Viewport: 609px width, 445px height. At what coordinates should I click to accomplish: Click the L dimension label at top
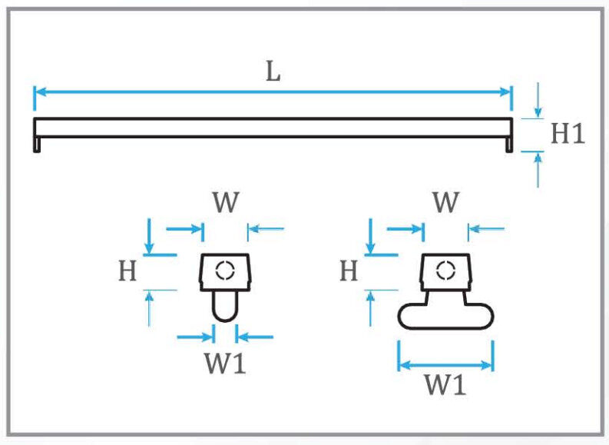click(x=273, y=72)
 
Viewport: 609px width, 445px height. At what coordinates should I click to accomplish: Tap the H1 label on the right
click(x=568, y=134)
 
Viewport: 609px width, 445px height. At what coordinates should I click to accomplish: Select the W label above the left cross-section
click(x=226, y=204)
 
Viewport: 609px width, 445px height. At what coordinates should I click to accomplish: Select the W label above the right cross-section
click(x=446, y=204)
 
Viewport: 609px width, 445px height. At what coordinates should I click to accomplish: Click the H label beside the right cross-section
click(x=349, y=271)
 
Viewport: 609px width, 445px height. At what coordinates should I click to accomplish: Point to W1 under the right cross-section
click(x=445, y=385)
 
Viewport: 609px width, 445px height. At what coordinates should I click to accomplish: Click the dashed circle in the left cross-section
click(x=225, y=271)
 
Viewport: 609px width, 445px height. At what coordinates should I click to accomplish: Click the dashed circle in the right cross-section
click(x=445, y=270)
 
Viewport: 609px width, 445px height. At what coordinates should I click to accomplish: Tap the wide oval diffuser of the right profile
click(x=445, y=316)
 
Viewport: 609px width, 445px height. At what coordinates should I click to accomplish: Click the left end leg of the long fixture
click(x=37, y=144)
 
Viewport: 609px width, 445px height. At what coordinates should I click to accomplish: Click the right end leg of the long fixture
click(x=509, y=144)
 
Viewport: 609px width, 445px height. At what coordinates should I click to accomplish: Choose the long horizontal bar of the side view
click(x=273, y=128)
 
